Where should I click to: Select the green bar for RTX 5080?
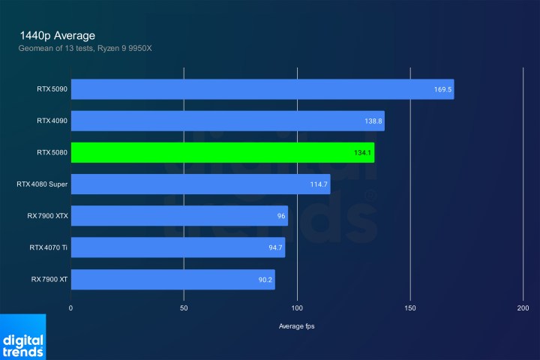pyautogui.click(x=222, y=152)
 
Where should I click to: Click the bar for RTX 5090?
pyautogui.click(x=262, y=89)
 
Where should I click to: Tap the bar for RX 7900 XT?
pyautogui.click(x=172, y=280)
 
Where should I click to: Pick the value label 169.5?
pyautogui.click(x=442, y=89)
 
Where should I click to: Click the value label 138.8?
pyautogui.click(x=373, y=121)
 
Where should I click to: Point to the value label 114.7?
pyautogui.click(x=319, y=184)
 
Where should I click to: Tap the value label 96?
pyautogui.click(x=281, y=216)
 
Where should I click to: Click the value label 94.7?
pyautogui.click(x=274, y=247)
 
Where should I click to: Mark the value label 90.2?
pyautogui.click(x=264, y=280)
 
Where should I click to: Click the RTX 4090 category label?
pyautogui.click(x=51, y=121)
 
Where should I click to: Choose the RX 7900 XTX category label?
pyautogui.click(x=48, y=216)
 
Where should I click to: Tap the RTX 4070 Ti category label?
pyautogui.click(x=49, y=247)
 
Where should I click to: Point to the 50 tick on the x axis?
pyautogui.click(x=184, y=308)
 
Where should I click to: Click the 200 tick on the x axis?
pyautogui.click(x=523, y=308)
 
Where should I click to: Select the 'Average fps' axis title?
pyautogui.click(x=297, y=326)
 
